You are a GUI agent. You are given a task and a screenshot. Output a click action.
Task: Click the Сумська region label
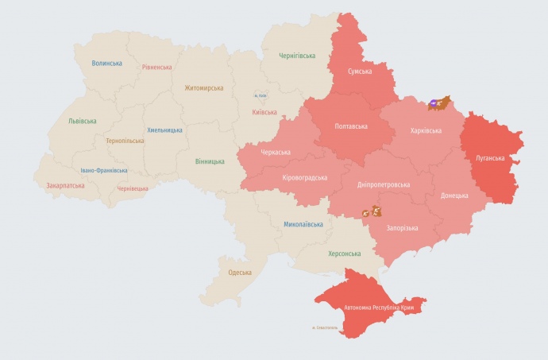coord(361,72)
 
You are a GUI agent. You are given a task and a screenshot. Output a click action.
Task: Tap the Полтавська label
coord(351,126)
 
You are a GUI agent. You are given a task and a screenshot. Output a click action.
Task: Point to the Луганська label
coord(490,158)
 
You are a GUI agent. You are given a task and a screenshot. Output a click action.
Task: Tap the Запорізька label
coord(402,228)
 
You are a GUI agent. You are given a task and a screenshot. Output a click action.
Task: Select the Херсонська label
coord(344,254)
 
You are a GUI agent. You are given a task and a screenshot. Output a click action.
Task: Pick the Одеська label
coord(240,273)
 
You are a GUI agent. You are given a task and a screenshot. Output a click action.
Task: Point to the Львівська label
coord(83,121)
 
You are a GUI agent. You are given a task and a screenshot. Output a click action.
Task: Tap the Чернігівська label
coord(297,56)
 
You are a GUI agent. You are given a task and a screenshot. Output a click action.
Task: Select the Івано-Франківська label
coord(104,170)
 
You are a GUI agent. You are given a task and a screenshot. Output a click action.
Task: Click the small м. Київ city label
coord(261,96)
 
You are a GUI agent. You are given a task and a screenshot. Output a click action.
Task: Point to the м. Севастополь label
coord(326,327)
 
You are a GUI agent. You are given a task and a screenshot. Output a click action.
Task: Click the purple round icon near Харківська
coord(434,103)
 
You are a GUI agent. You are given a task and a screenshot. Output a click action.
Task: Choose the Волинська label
coord(106,63)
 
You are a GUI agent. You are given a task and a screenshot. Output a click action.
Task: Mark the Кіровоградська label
coord(305,177)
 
